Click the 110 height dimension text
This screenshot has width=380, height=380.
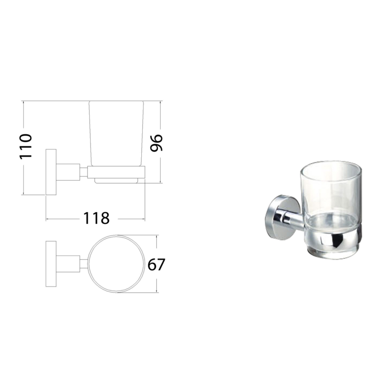[26, 146]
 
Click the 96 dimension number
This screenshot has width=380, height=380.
[156, 143]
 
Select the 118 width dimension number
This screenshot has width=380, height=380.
[96, 219]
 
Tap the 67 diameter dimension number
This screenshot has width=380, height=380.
[156, 265]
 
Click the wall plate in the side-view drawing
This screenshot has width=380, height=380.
[51, 172]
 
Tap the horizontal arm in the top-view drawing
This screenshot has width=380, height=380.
[68, 264]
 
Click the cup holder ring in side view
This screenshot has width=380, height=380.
[117, 172]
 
